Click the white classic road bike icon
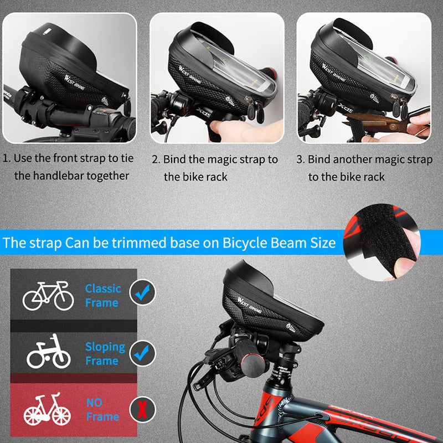pos(48,295)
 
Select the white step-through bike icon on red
pos(47,410)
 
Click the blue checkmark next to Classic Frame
pos(142,291)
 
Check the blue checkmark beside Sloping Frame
pos(142,352)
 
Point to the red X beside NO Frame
pos(142,410)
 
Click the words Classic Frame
pos(102,296)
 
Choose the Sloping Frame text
pos(105,353)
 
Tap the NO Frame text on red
pos(102,409)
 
